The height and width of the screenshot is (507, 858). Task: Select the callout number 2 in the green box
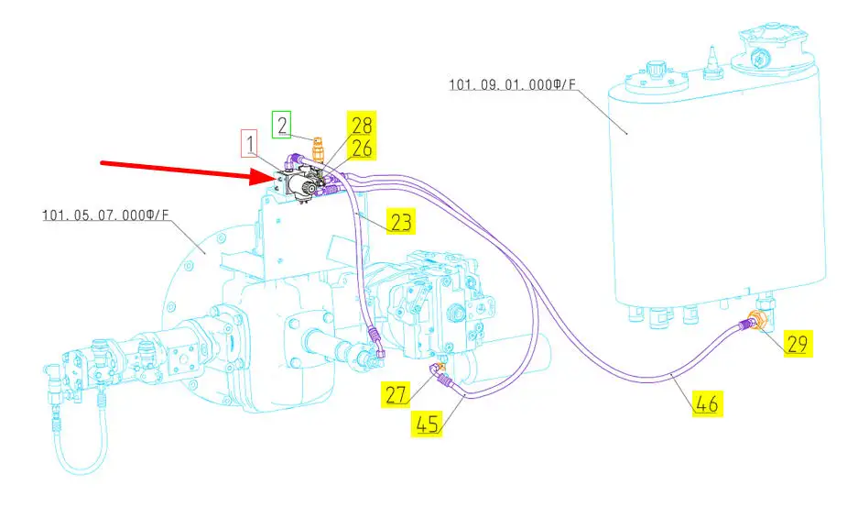click(x=282, y=125)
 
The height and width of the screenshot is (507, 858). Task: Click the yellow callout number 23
click(x=400, y=221)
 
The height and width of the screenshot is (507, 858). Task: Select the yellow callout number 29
click(x=796, y=344)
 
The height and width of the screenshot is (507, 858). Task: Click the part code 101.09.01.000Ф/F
click(x=512, y=85)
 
